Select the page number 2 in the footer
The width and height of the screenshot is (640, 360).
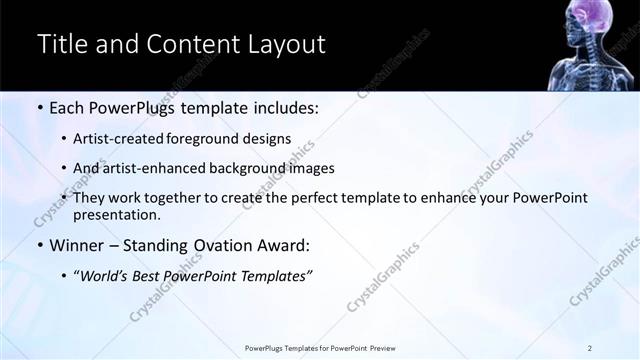pos(590,347)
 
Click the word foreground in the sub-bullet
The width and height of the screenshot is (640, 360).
pos(209,138)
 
